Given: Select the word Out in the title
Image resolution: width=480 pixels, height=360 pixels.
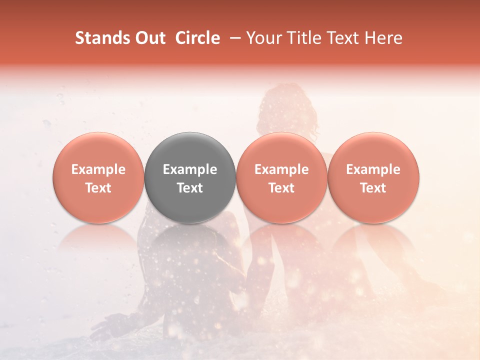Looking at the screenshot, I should [x=148, y=38].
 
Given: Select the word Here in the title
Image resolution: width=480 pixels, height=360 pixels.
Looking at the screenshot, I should [x=383, y=38].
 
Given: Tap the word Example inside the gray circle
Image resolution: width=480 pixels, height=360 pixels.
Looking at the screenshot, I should [x=190, y=169].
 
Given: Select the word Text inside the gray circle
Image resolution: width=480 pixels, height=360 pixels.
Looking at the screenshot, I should [x=190, y=188].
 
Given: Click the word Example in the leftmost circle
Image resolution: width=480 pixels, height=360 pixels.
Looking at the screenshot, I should [x=98, y=169].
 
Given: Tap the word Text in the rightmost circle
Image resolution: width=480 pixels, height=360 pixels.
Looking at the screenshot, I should [x=373, y=188].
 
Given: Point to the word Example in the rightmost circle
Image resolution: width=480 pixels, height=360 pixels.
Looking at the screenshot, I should [x=373, y=169].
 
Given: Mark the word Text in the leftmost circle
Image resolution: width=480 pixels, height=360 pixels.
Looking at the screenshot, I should [x=98, y=188].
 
